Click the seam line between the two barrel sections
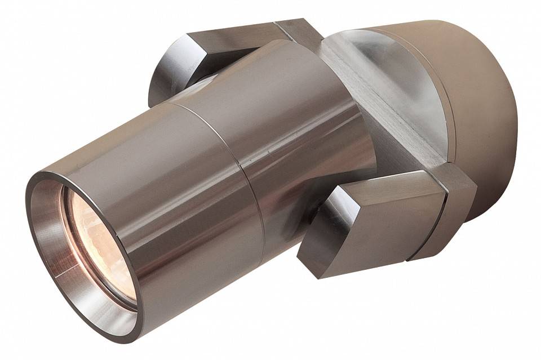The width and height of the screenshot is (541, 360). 237,163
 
